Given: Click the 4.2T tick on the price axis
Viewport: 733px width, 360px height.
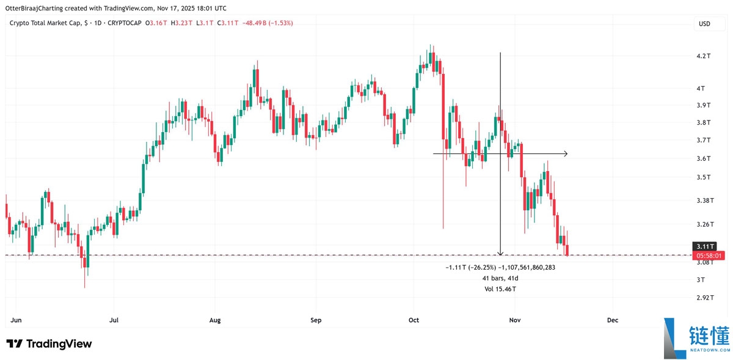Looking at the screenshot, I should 704,56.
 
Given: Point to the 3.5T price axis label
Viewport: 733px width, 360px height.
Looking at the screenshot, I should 704,177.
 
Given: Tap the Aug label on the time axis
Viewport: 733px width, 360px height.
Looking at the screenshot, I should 214,320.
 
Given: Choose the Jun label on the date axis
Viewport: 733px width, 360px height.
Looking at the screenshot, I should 16,320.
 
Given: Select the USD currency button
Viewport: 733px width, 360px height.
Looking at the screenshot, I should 704,24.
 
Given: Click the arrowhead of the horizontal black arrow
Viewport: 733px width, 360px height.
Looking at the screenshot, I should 566,153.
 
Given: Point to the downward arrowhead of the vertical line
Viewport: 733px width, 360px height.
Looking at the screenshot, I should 500,253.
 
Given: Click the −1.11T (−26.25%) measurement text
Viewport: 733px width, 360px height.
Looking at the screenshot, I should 470,267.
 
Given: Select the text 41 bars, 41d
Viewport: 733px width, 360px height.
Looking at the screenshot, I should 500,277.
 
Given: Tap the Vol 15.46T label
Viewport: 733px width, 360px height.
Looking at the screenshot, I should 500,288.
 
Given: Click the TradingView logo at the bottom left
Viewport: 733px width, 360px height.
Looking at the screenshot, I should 49,344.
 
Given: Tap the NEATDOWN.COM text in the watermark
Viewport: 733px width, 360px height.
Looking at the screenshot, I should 709,350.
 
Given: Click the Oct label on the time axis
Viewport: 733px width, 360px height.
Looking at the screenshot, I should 414,320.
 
